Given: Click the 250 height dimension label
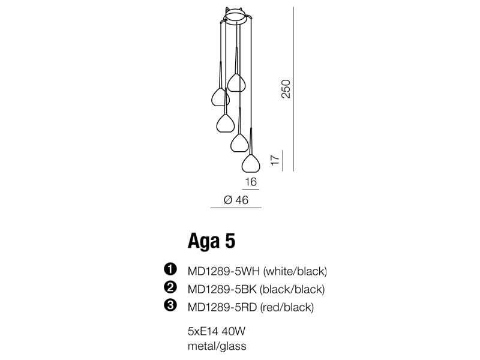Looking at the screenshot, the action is pos(286,89).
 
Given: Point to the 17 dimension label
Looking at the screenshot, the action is pos(275,160).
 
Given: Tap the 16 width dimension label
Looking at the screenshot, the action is pos(251,182).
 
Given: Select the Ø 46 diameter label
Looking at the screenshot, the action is pos(236,200).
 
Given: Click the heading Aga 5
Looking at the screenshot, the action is pos(212,241).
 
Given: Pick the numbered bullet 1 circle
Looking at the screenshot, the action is pos(170,269).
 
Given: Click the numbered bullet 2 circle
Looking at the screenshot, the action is pos(170,287).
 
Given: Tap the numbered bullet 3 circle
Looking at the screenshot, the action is pos(170,305).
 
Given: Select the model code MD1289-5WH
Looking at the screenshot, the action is pos(224,271).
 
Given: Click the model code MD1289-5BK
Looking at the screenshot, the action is pos(222,289).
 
